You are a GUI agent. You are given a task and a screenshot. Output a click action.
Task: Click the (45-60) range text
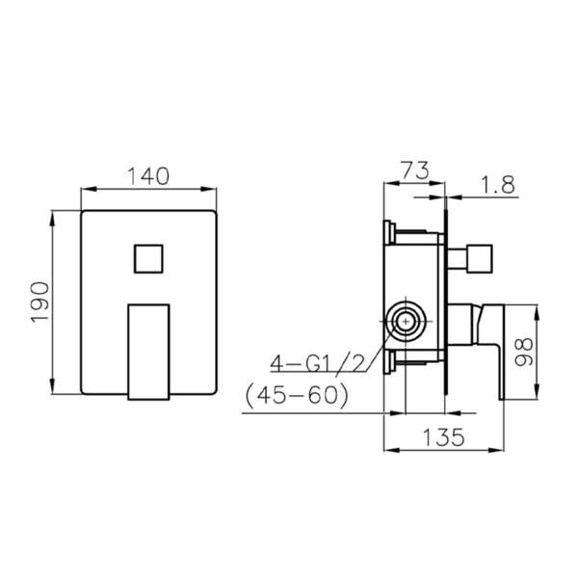point(298,395)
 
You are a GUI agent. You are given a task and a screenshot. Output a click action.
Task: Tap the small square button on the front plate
point(147,260)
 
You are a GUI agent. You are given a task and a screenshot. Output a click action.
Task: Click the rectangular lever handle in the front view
point(147,350)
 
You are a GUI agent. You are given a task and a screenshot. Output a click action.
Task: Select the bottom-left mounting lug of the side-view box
point(389,364)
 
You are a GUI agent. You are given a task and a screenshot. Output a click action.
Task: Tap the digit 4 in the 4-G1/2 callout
point(276,364)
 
